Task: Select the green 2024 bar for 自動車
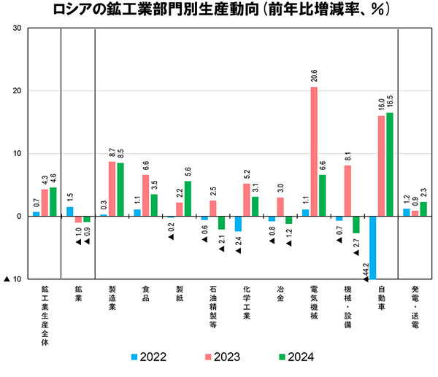coord(389,164)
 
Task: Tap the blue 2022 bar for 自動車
coord(372,248)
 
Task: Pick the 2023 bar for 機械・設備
coord(347,190)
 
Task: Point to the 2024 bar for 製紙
coord(188,198)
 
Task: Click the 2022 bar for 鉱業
coord(70,211)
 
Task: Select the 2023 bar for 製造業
coord(112,189)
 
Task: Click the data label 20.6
coord(314,75)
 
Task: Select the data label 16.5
coord(390,101)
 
